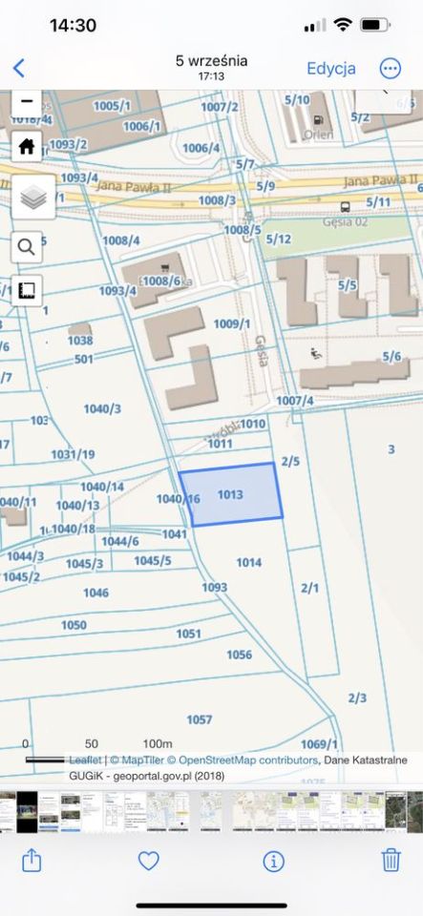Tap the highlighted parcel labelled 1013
(232, 495)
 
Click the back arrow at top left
(18, 69)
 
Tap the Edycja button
(330, 69)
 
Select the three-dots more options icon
(391, 69)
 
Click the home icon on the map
(27, 146)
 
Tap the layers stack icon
(32, 198)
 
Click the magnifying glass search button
(27, 247)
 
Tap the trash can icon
(391, 861)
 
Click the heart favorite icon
(148, 861)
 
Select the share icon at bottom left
(32, 861)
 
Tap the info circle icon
(274, 861)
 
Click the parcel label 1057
(199, 719)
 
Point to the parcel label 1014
(248, 563)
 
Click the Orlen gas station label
(316, 135)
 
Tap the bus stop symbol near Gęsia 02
(344, 206)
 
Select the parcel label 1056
(239, 655)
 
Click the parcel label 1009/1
(231, 324)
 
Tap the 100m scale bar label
(157, 743)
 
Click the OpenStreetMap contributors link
(243, 760)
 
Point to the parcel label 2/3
(357, 697)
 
